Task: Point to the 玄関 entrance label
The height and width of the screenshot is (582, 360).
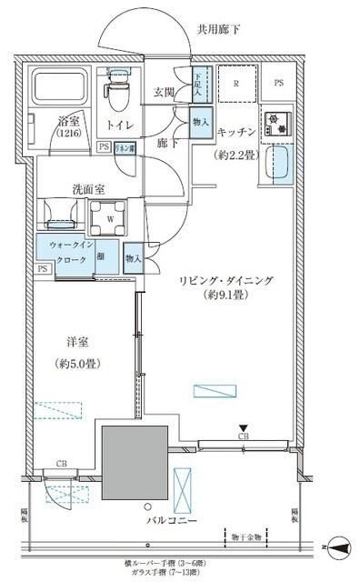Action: point(165,93)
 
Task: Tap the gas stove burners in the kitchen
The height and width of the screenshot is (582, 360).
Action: point(275,123)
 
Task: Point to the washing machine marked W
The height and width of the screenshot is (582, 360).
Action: point(110,217)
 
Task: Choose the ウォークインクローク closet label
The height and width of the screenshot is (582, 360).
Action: point(68,252)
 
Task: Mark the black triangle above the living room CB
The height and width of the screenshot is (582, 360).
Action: point(243,427)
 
